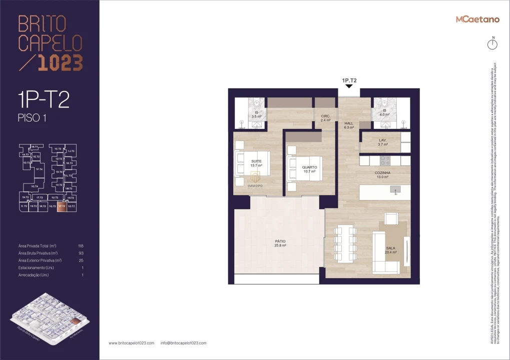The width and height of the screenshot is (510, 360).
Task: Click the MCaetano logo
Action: click(477, 19)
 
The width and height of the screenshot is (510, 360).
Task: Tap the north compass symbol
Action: click(492, 44)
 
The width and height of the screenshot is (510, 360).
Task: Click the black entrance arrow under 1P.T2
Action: click(349, 86)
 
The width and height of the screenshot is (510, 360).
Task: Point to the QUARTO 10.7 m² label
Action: click(310, 169)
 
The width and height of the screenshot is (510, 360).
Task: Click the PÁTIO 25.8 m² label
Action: click(280, 243)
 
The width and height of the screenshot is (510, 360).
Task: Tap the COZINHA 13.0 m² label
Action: click(383, 174)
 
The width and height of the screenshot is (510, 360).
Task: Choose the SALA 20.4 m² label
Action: click(391, 250)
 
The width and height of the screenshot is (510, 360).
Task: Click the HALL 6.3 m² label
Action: click(349, 125)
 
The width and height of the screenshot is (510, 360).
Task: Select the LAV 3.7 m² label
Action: click(382, 142)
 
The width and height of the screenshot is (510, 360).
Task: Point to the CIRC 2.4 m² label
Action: click(325, 118)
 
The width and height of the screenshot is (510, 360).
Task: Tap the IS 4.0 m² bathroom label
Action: click(384, 112)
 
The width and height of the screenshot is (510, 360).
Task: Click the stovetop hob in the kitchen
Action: click(385, 160)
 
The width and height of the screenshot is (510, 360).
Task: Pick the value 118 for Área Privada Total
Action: click(81, 246)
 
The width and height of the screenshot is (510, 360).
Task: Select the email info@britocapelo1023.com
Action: click(183, 343)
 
